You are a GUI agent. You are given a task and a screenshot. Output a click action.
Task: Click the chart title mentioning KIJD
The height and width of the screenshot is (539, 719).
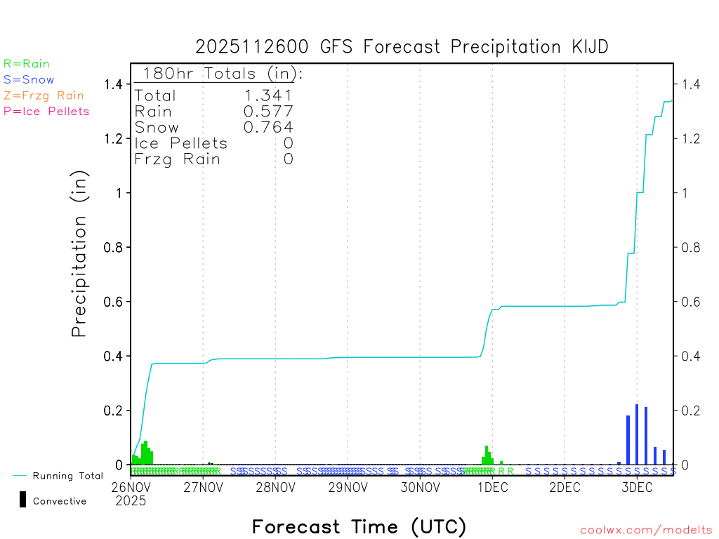[x=402, y=47]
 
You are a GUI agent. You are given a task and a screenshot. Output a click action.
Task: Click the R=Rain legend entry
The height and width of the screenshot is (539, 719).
[x=27, y=64]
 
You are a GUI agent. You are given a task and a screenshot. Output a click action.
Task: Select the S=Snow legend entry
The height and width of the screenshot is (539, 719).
[x=29, y=80]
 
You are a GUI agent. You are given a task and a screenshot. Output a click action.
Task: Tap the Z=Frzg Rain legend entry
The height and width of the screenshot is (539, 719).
[x=44, y=95]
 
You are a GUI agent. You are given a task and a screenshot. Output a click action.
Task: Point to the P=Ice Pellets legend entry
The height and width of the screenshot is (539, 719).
[x=46, y=111]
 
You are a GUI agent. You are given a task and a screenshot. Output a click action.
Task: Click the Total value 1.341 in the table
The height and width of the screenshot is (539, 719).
[x=268, y=95]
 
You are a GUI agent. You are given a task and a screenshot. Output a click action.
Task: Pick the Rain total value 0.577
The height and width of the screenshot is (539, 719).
[x=268, y=112]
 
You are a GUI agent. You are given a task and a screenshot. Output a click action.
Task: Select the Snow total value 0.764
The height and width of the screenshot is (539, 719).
[x=268, y=127]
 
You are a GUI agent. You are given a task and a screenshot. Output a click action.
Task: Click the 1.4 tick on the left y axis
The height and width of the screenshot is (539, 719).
[x=113, y=85]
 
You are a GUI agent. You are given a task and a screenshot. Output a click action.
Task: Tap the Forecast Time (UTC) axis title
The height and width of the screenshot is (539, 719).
[x=359, y=526]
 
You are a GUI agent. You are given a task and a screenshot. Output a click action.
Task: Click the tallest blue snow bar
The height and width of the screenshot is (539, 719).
[x=637, y=434]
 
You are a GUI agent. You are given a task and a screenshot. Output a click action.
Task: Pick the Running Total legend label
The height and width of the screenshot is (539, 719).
[x=67, y=476]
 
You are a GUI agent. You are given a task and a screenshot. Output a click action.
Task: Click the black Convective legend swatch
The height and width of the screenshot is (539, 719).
[x=23, y=500]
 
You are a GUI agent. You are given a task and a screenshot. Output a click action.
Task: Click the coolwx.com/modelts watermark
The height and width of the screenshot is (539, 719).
[x=646, y=531]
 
